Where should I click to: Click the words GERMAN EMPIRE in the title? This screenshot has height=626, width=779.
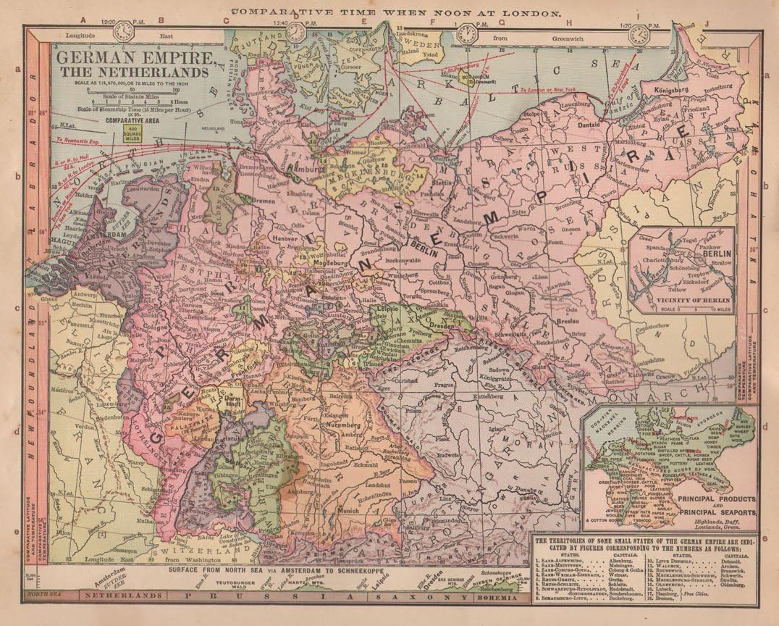(x=135, y=57)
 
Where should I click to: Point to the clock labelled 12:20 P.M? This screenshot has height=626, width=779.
(x=124, y=31)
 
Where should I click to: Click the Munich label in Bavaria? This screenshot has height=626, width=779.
(x=348, y=510)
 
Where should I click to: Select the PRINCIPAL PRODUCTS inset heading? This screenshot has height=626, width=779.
(x=716, y=500)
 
